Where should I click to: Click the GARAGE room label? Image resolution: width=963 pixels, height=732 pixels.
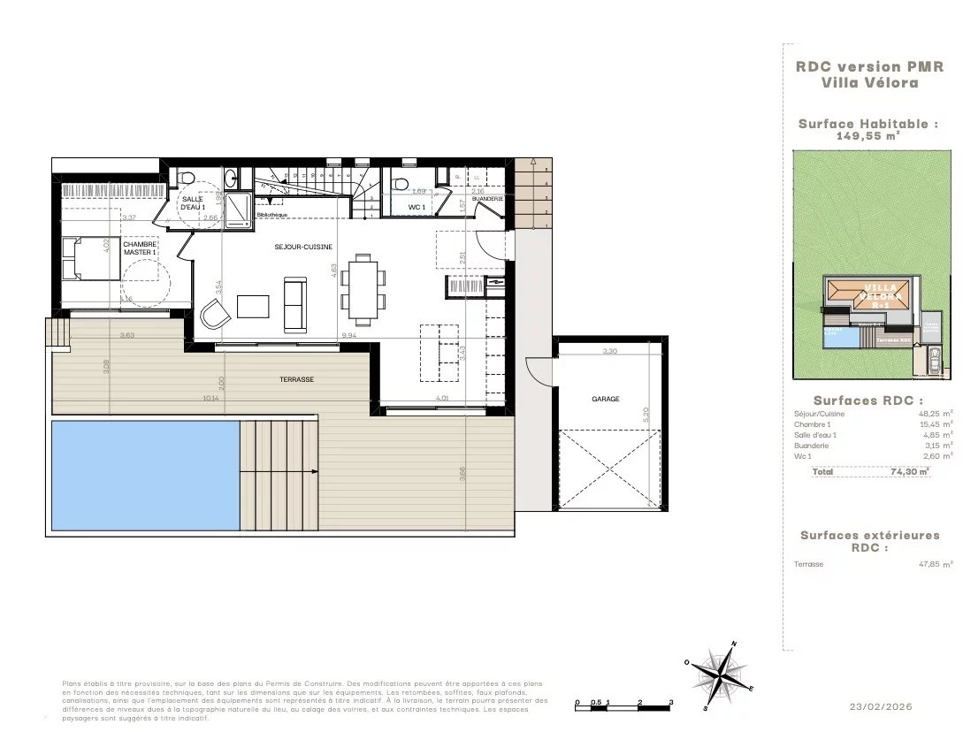click(606, 399)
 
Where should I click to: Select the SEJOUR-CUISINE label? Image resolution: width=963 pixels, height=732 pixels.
click(302, 248)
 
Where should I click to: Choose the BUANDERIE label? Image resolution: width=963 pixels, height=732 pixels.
click(487, 199)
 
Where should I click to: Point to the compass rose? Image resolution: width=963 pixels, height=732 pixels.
click(722, 677)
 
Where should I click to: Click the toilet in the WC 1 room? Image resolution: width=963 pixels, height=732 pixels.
click(401, 184)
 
